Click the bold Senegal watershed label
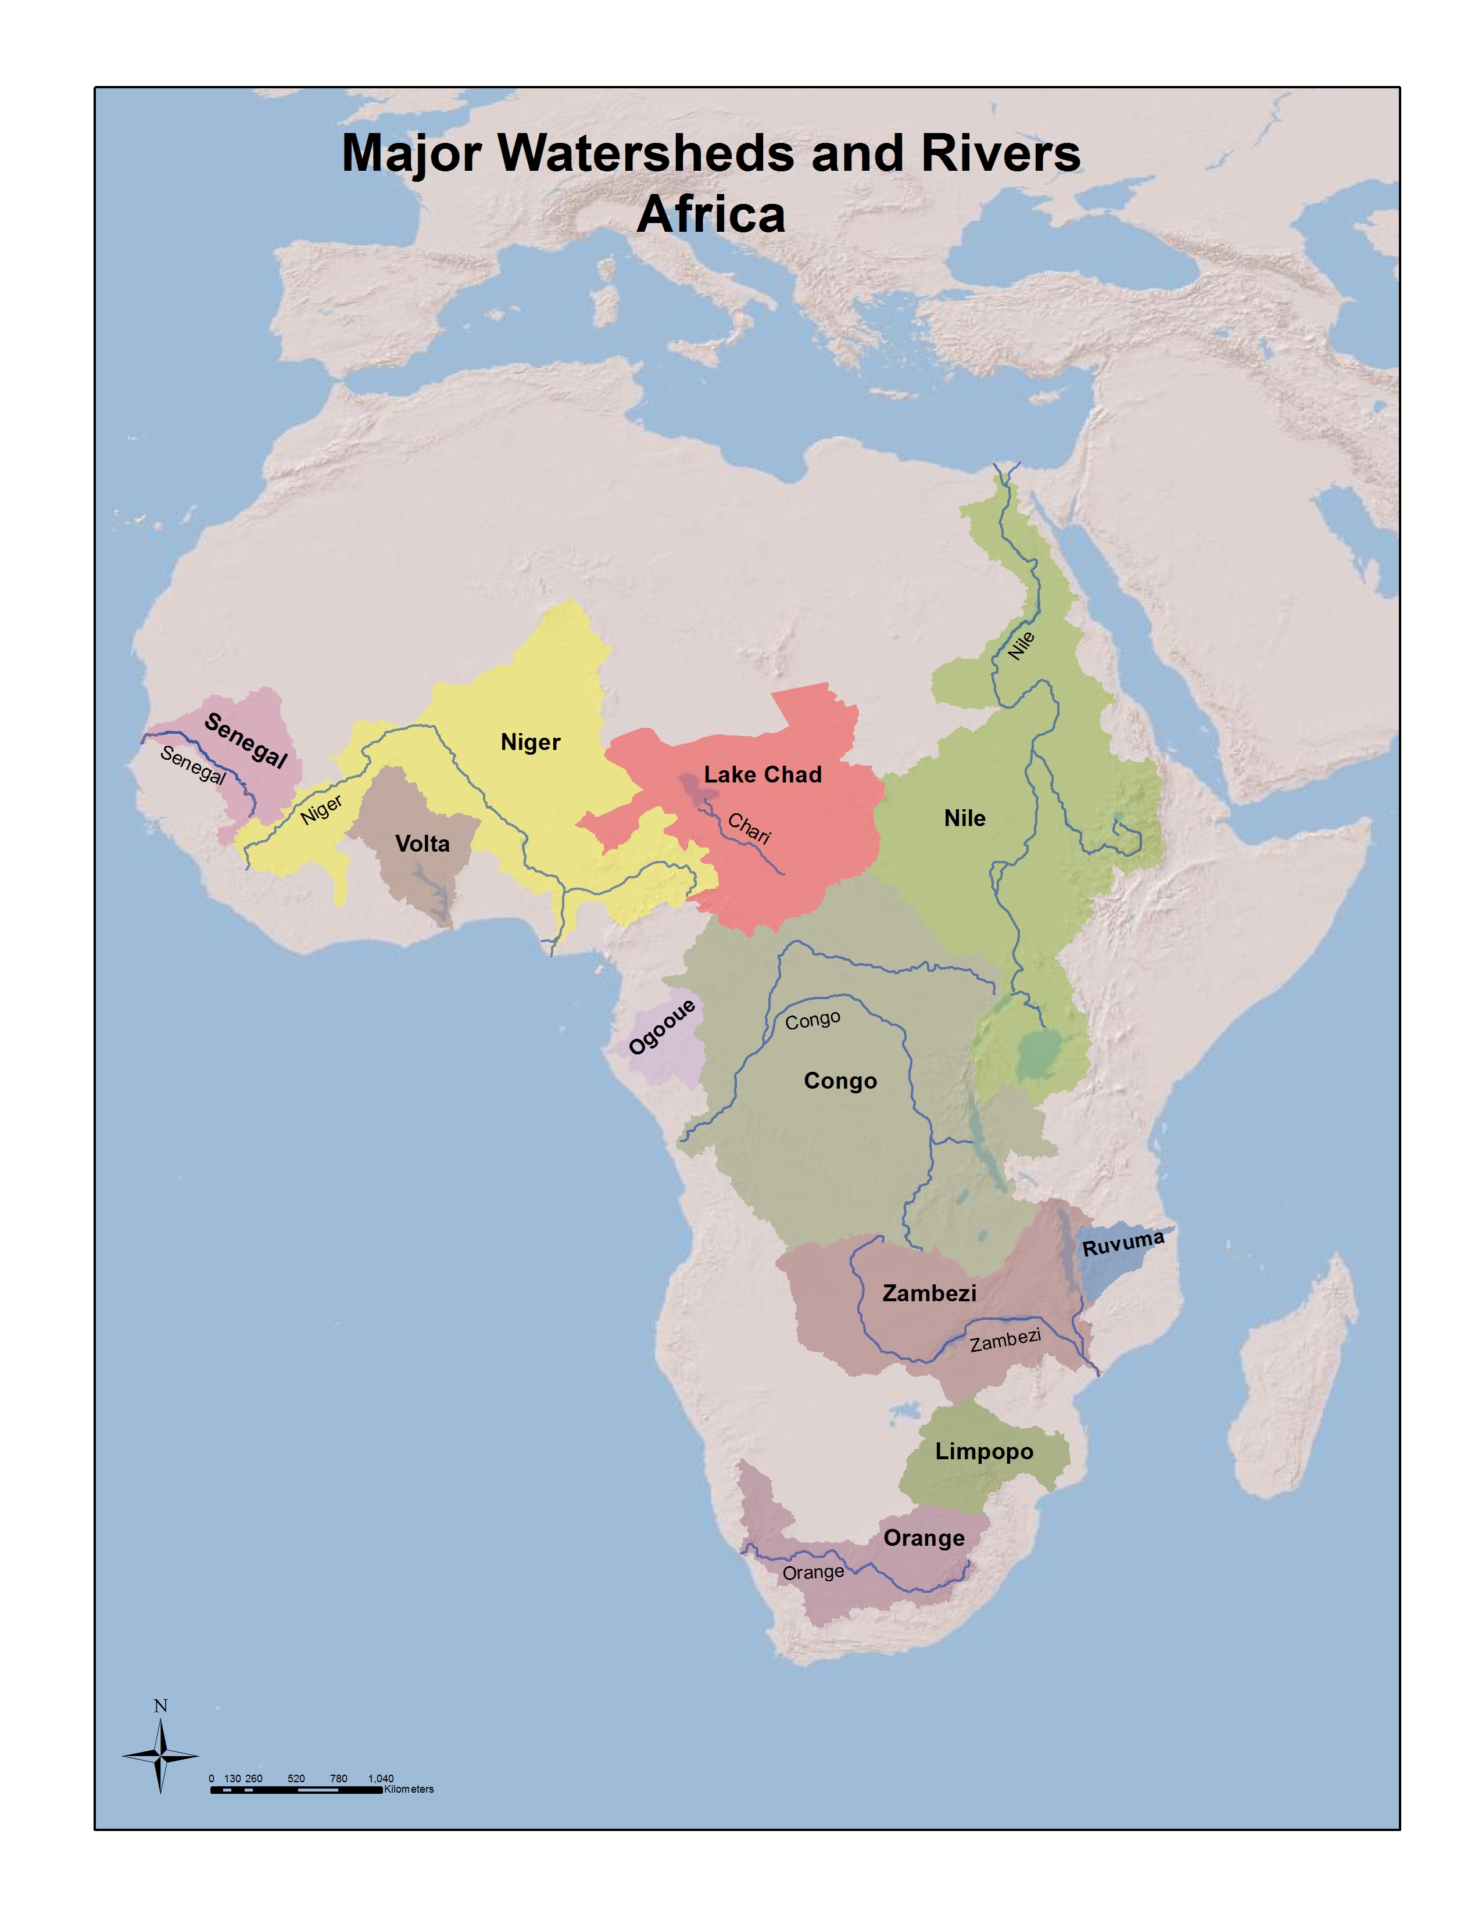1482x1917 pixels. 245,741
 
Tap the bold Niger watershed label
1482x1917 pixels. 530,742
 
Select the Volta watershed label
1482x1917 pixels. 423,845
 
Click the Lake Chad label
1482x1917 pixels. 762,775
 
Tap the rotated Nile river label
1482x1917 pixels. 1021,646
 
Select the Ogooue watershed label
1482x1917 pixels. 662,1027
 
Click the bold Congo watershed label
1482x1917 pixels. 840,1082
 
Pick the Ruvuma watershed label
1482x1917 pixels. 1123,1244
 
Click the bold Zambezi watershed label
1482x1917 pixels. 929,1294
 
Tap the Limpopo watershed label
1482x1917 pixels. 983,1452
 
